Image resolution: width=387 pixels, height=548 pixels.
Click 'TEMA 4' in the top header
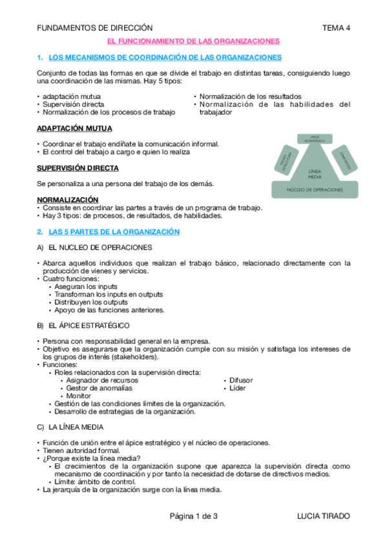tap(336, 28)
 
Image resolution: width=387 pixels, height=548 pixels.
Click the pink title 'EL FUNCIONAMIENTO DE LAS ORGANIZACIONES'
tap(193, 41)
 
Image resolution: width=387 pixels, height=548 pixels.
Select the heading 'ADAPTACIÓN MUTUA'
tap(74, 129)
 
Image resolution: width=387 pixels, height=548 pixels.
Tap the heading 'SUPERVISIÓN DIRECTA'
tap(78, 168)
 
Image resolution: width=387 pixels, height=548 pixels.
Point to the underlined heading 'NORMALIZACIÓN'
tap(68, 200)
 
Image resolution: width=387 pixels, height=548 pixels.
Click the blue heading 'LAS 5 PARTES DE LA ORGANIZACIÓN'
tap(114, 231)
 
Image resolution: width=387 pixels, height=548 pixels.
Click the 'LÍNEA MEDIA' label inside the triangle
tap(315, 172)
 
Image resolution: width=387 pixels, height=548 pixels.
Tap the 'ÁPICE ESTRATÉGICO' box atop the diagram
tap(315, 138)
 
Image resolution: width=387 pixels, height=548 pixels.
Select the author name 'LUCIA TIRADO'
tap(323, 516)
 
